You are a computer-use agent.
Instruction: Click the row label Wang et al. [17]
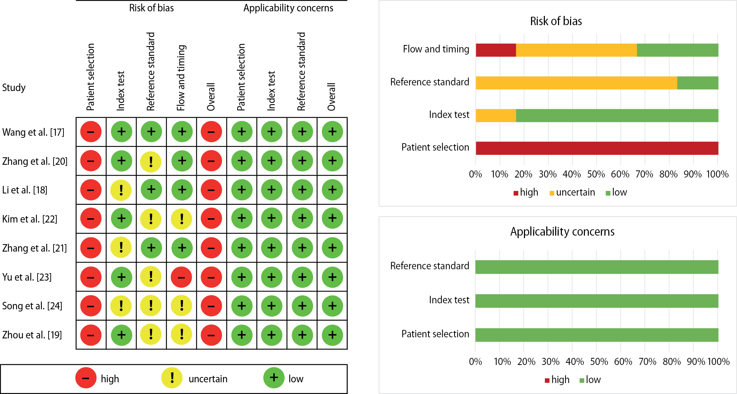33,133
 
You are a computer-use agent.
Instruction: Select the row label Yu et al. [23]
27,277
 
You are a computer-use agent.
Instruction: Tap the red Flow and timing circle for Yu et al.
182,277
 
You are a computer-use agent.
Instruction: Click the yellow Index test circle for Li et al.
121,190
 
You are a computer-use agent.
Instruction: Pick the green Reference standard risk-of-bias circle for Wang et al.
151,132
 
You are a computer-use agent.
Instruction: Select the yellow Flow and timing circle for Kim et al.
182,219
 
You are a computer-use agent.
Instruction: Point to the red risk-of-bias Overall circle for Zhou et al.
211,335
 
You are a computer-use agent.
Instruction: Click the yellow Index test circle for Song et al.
121,306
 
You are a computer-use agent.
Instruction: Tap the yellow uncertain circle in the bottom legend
172,378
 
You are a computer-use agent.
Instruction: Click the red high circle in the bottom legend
86,378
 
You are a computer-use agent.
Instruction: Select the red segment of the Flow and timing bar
496,50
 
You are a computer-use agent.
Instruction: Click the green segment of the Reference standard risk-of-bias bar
698,83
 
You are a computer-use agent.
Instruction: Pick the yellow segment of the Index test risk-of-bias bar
496,116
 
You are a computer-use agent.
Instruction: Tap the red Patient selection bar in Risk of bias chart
597,148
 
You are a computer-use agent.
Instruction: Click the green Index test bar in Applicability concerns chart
597,301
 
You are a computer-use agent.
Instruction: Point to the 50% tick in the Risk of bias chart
596,174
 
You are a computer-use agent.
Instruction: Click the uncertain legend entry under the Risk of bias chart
572,192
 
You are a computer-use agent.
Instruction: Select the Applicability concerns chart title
562,232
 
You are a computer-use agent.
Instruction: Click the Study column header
14,88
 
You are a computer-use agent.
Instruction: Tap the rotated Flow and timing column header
181,78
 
